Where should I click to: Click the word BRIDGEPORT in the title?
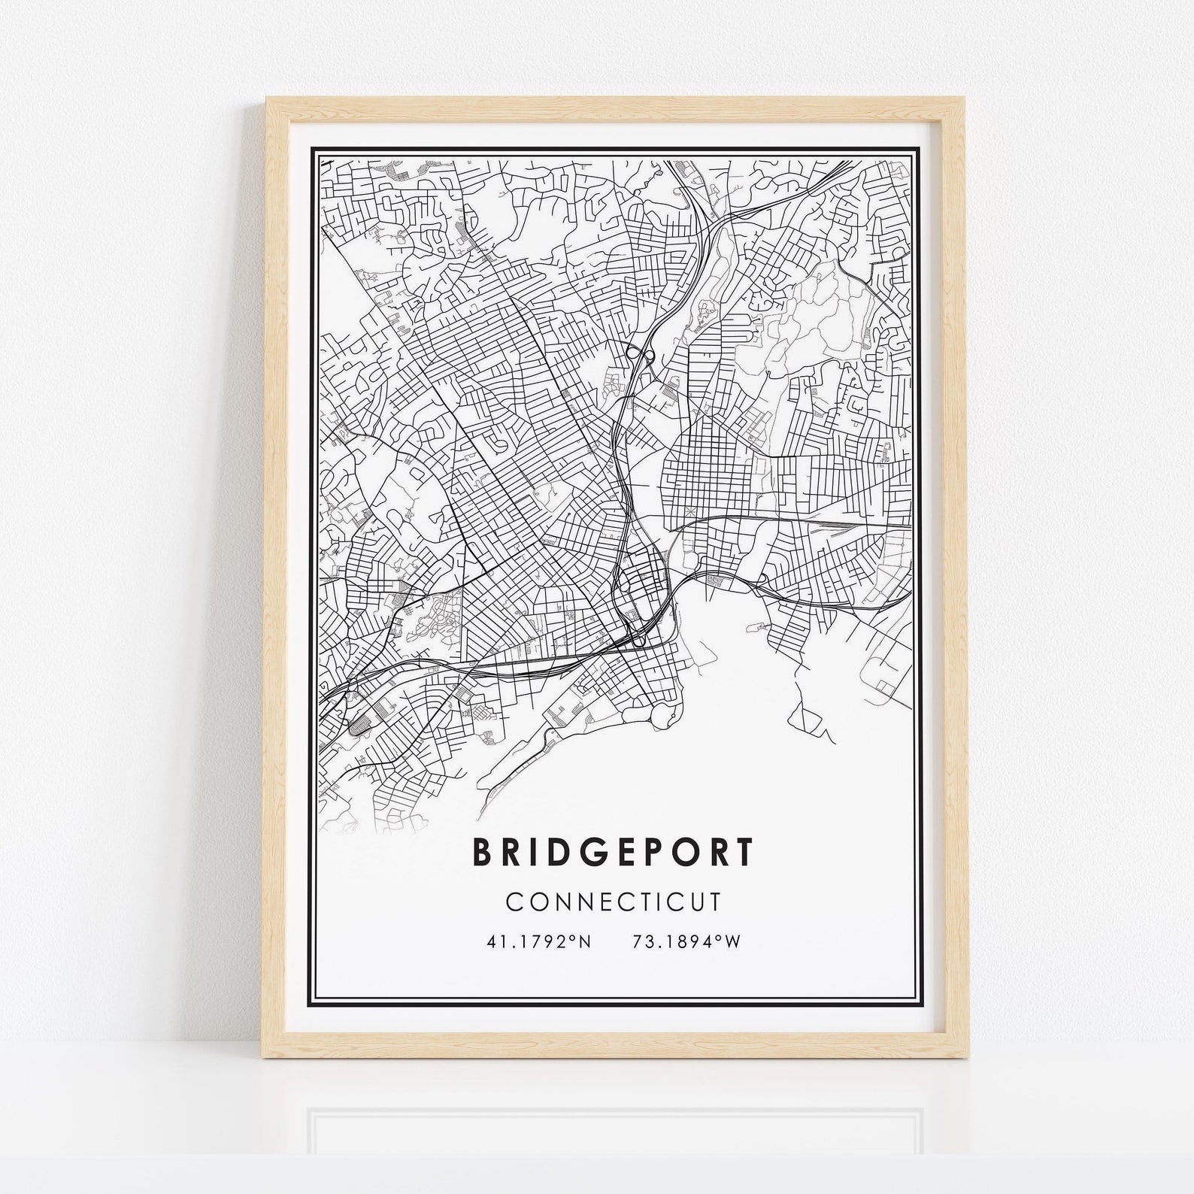[613, 852]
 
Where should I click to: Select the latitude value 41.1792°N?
[540, 941]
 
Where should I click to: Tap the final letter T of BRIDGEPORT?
[743, 852]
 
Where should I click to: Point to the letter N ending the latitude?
[586, 941]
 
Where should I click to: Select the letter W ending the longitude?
[732, 941]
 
